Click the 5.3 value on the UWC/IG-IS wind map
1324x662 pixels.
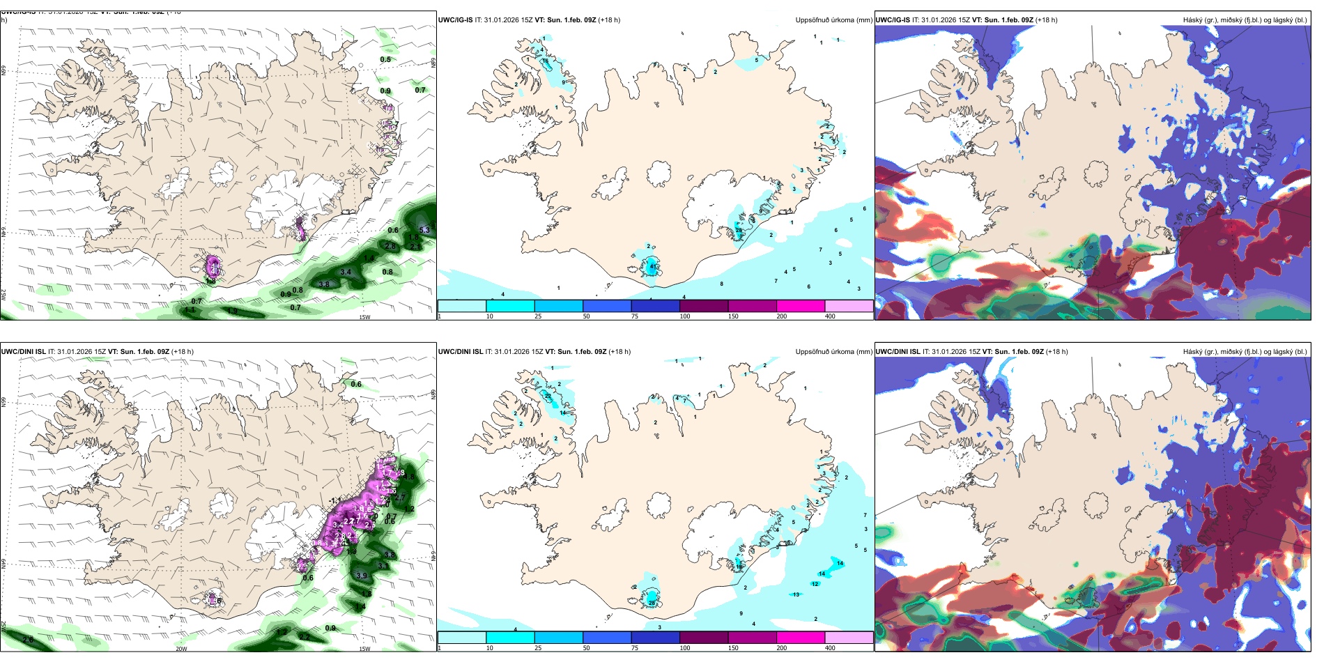(424, 230)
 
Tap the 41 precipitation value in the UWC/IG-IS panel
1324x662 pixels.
(653, 266)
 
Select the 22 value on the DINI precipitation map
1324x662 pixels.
(548, 397)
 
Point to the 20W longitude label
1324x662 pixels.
(181, 649)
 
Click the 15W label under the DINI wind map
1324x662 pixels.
(364, 649)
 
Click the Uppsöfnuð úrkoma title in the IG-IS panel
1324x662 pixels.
(833, 20)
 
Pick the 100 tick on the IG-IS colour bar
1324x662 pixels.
(685, 316)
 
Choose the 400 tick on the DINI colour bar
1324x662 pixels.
(830, 648)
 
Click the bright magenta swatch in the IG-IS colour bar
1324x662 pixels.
(800, 306)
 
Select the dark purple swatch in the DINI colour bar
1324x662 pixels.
(703, 638)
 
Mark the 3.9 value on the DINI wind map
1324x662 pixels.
(362, 576)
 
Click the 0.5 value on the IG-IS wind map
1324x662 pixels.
(385, 60)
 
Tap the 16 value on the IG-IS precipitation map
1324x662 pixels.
(546, 61)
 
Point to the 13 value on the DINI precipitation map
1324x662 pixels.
(796, 594)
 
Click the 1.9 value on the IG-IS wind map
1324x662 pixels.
(232, 311)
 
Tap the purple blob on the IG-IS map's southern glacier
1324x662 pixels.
(213, 265)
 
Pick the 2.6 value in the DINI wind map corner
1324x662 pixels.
(28, 640)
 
